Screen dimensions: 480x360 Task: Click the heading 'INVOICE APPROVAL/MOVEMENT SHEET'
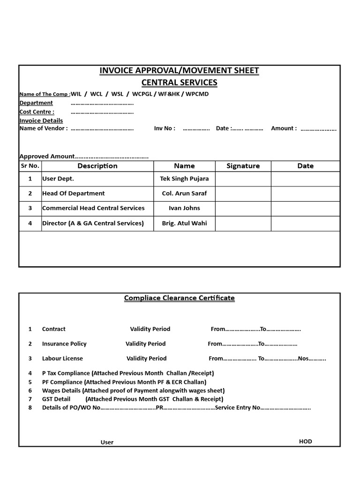click(x=179, y=71)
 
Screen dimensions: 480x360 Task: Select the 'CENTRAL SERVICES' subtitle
click(x=179, y=83)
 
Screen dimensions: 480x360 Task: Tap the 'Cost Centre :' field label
click(x=37, y=112)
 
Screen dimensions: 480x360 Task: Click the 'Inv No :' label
click(x=165, y=128)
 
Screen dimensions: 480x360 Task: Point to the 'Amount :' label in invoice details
click(x=284, y=128)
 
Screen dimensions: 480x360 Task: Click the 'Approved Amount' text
click(x=47, y=157)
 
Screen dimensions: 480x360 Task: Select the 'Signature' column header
click(x=243, y=166)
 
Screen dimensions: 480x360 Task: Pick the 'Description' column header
click(x=97, y=166)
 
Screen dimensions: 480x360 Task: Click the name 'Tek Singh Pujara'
click(x=184, y=179)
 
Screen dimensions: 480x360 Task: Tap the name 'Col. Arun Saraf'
click(x=184, y=194)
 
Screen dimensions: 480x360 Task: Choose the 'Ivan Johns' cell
click(x=184, y=208)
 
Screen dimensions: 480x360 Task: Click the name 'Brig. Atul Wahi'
click(x=184, y=224)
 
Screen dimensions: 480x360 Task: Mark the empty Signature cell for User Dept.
click(x=243, y=179)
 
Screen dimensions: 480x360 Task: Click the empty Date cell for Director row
click(x=305, y=224)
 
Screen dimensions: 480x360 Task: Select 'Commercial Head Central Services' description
click(x=93, y=208)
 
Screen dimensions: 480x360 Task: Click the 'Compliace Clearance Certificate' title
click(x=179, y=298)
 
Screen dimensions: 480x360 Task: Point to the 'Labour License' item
click(x=62, y=359)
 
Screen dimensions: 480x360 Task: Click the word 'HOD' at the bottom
click(x=305, y=442)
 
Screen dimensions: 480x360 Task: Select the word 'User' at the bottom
click(x=107, y=442)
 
